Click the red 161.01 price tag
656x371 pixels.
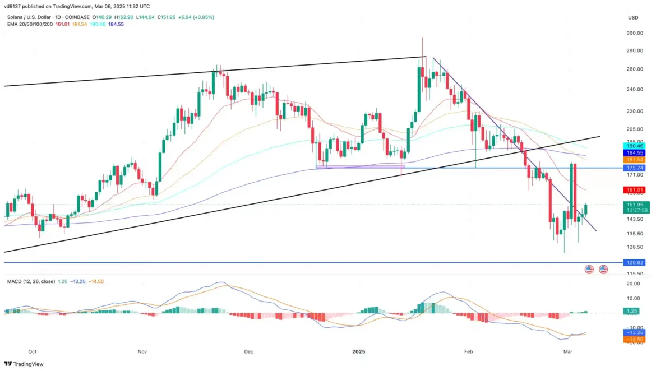point(634,190)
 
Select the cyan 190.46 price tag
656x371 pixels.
point(634,146)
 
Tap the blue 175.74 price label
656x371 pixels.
point(634,168)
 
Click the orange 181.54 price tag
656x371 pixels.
point(634,160)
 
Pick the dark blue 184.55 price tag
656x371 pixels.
point(634,152)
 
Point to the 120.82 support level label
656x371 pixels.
point(634,262)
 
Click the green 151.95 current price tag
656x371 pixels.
point(634,205)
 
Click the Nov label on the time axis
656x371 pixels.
point(142,351)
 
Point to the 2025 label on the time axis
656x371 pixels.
point(359,351)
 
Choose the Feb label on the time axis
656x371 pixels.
point(469,351)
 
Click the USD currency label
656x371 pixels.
point(634,17)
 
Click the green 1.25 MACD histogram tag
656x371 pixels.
point(634,311)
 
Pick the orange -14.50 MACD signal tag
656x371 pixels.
point(634,339)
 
